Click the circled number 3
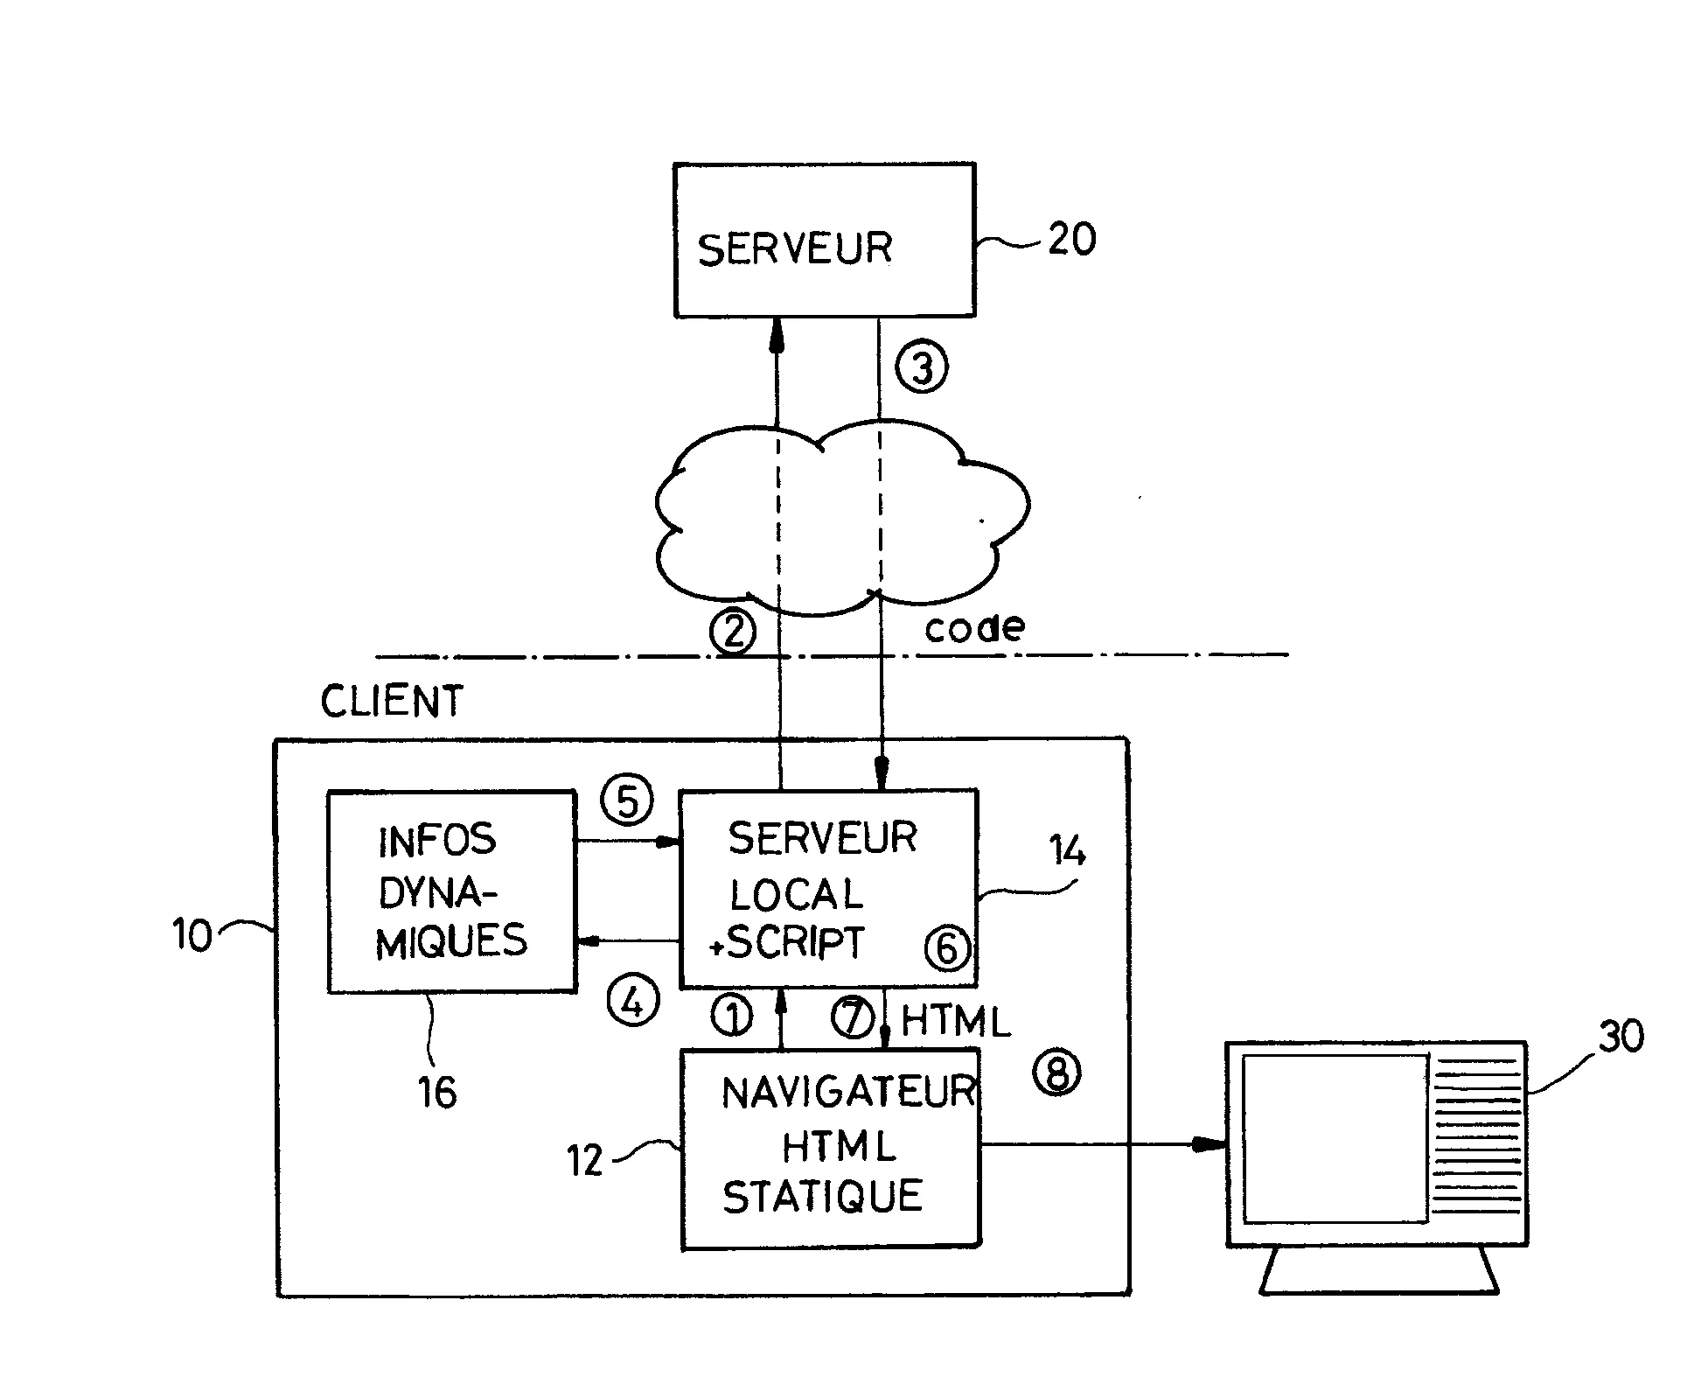click(x=922, y=367)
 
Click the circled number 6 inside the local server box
click(x=948, y=948)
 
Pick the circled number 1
click(x=732, y=1017)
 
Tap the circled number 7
click(x=852, y=1017)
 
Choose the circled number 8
click(x=1057, y=1072)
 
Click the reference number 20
click(x=1071, y=239)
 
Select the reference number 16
click(x=437, y=1092)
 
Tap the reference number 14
click(x=1068, y=850)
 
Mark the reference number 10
click(x=192, y=936)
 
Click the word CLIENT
click(x=391, y=702)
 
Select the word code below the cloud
click(x=974, y=627)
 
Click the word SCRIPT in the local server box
click(x=796, y=943)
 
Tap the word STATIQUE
click(x=822, y=1196)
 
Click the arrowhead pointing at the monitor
click(x=1211, y=1144)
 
